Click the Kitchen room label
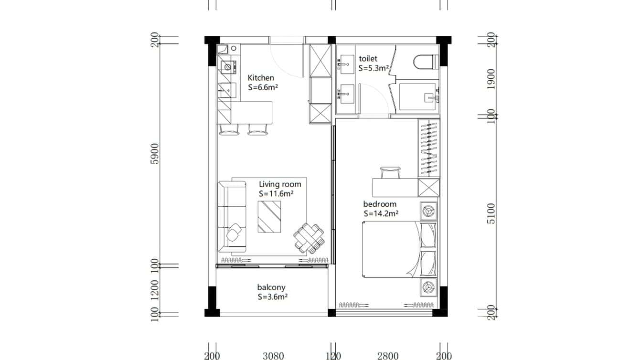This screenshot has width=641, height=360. point(261,78)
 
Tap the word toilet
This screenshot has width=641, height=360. point(368,59)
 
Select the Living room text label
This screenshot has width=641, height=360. point(280,184)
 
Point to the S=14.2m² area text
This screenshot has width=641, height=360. point(381,214)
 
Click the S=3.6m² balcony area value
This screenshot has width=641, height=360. point(272,296)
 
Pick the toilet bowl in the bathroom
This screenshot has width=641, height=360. point(425,62)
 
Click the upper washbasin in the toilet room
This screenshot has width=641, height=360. point(346,62)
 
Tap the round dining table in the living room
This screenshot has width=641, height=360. point(309,238)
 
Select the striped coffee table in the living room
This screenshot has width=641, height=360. point(269,217)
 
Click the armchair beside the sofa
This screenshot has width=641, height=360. point(235,233)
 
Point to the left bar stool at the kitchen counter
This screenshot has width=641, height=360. point(229,129)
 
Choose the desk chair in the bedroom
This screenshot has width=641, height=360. point(390,171)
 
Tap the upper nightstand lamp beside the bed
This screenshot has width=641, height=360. point(428,210)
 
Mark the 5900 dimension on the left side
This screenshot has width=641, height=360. point(154,153)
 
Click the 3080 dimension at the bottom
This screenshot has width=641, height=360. point(273,356)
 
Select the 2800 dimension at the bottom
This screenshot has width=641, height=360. point(387,356)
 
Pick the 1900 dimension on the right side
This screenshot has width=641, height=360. point(491,78)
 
